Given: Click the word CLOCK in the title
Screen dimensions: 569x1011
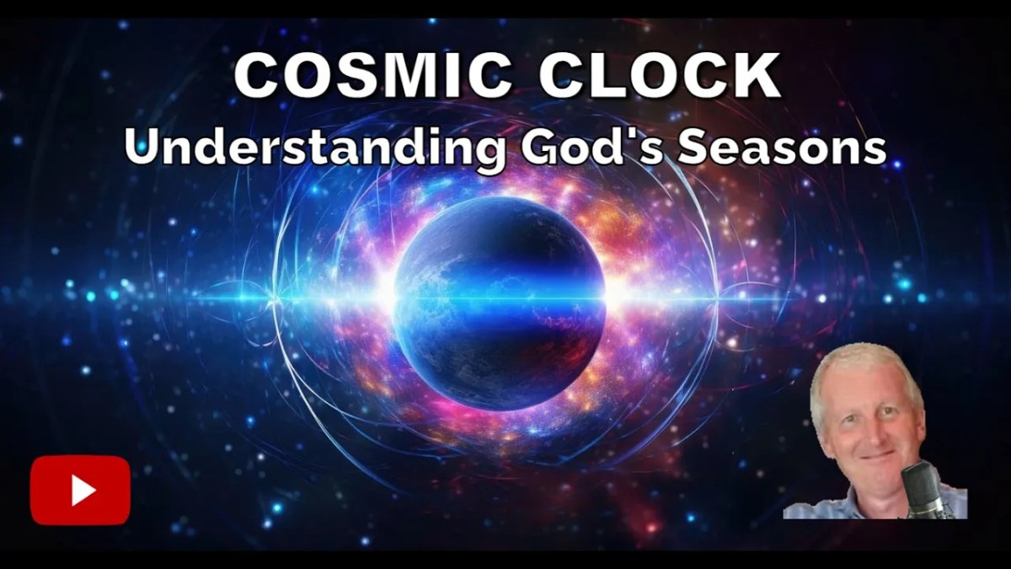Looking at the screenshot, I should (660, 78).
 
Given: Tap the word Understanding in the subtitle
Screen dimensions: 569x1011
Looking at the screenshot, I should (313, 149).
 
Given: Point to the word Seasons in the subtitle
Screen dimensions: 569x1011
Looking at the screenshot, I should (784, 149).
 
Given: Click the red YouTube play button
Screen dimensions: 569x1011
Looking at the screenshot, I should (80, 490).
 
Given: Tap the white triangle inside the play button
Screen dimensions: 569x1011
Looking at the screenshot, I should (83, 490).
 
